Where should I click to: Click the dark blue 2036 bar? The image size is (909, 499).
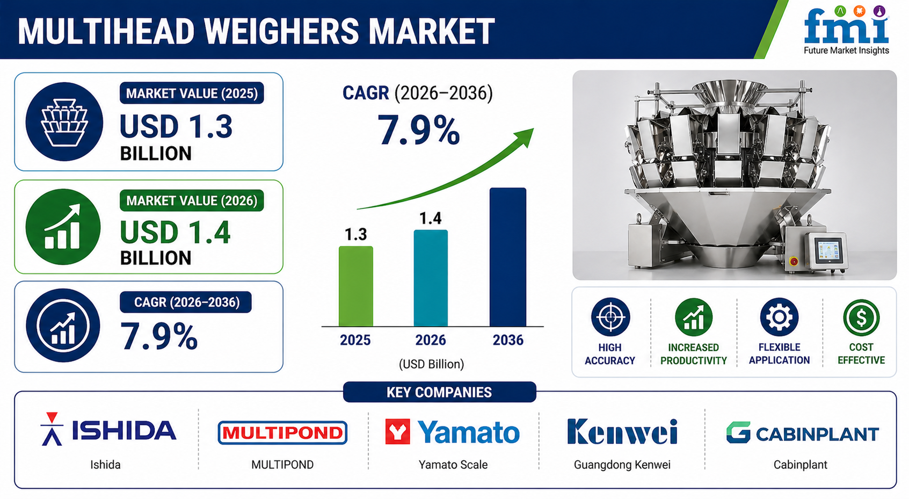[x=508, y=257]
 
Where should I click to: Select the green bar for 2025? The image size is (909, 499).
[x=356, y=286]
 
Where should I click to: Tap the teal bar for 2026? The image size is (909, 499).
[x=431, y=278]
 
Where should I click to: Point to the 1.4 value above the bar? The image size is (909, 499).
[x=430, y=219]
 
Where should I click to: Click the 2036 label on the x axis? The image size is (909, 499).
[x=508, y=340]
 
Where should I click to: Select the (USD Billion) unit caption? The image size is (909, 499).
[x=431, y=364]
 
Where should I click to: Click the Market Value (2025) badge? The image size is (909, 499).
[x=192, y=93]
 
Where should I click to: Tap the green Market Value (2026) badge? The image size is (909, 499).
[x=192, y=200]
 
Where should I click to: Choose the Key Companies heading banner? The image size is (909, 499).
[x=440, y=392]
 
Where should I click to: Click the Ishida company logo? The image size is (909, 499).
[x=108, y=430]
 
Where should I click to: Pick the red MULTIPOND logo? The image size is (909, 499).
[x=282, y=432]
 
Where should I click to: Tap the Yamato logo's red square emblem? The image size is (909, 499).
[x=397, y=431]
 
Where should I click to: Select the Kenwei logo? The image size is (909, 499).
[x=622, y=431]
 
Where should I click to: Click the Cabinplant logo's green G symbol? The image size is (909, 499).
[x=738, y=432]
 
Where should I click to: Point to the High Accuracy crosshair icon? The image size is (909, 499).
[x=610, y=317]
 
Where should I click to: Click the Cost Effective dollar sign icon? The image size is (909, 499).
[x=861, y=317]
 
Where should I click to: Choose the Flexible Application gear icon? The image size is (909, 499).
[x=779, y=317]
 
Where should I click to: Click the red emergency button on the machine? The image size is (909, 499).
[x=794, y=261]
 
